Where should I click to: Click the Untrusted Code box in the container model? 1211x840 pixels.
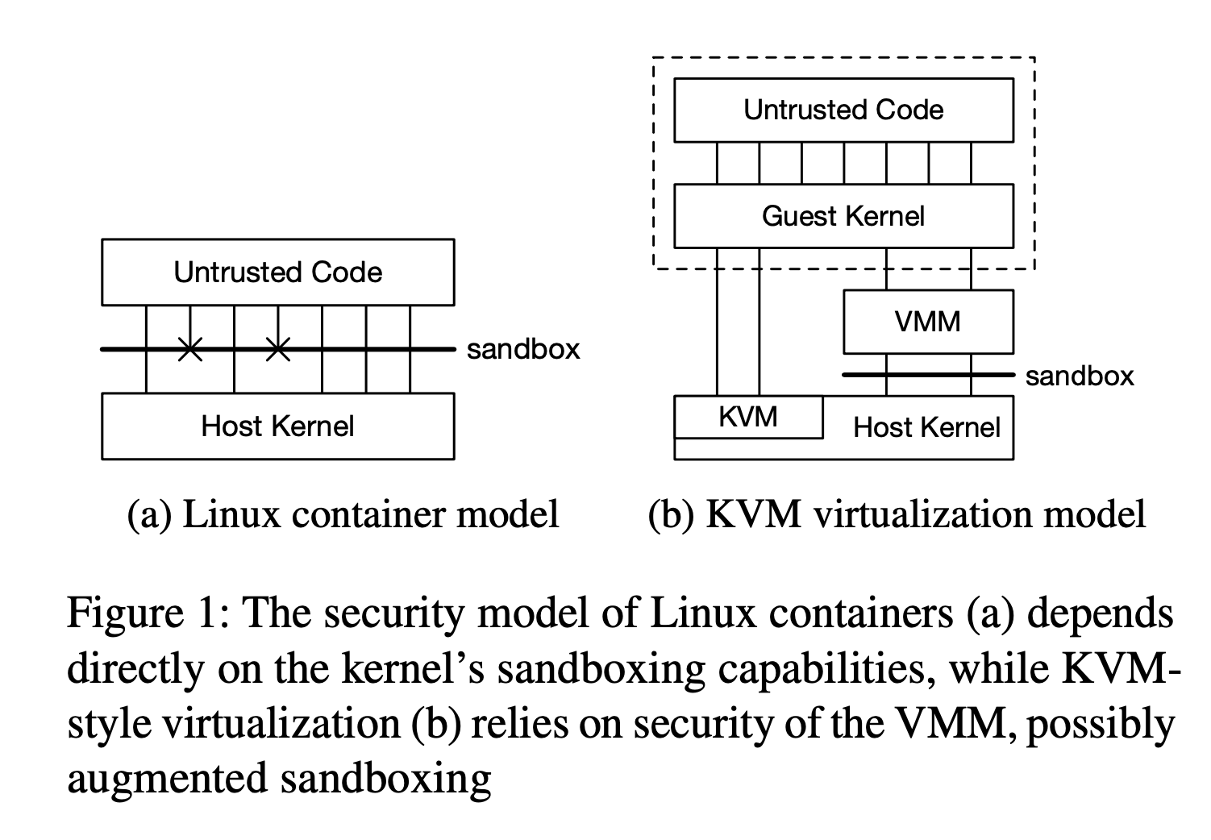[x=277, y=272]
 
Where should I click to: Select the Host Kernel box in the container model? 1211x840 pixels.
[x=277, y=426]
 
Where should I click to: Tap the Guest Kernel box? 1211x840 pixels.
[x=843, y=216]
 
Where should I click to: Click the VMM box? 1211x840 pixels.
[x=927, y=322]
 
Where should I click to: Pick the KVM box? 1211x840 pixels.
[x=748, y=417]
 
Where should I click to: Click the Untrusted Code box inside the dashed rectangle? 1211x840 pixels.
[x=843, y=110]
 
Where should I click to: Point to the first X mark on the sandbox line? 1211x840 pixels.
[x=190, y=349]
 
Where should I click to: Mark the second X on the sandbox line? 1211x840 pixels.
[x=277, y=349]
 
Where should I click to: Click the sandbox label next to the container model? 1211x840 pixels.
[x=523, y=349]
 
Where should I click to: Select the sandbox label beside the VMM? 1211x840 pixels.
[x=1080, y=376]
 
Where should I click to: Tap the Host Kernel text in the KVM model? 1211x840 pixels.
[x=926, y=427]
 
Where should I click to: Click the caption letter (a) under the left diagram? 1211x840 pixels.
[x=149, y=514]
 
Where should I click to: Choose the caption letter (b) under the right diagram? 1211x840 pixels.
[x=671, y=514]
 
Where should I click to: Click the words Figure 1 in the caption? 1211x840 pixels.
[x=142, y=614]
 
